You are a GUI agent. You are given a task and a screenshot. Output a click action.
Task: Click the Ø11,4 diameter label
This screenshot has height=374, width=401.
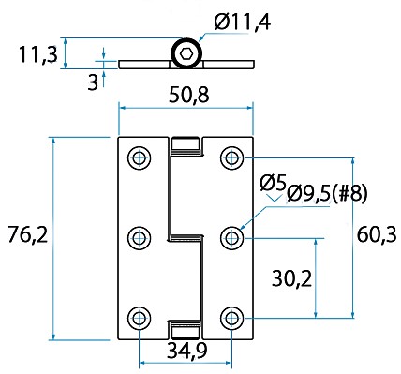243,22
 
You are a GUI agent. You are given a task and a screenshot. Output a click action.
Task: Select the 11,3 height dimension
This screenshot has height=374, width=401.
38,54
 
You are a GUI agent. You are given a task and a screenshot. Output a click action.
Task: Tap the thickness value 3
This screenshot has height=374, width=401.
93,82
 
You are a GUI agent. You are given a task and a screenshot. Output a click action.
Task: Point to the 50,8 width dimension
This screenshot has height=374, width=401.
188,95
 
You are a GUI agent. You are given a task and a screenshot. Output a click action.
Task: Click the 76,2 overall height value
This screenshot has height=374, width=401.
28,234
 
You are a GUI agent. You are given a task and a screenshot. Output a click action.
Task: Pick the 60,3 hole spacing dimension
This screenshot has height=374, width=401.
377,234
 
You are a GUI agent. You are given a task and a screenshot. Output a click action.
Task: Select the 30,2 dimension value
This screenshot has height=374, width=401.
291,278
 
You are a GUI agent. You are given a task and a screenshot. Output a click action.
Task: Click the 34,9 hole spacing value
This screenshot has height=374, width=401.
186,351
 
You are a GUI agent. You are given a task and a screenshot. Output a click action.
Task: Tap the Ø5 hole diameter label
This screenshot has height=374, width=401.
273,183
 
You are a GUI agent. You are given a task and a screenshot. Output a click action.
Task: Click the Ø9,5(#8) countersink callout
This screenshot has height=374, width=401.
327,194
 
